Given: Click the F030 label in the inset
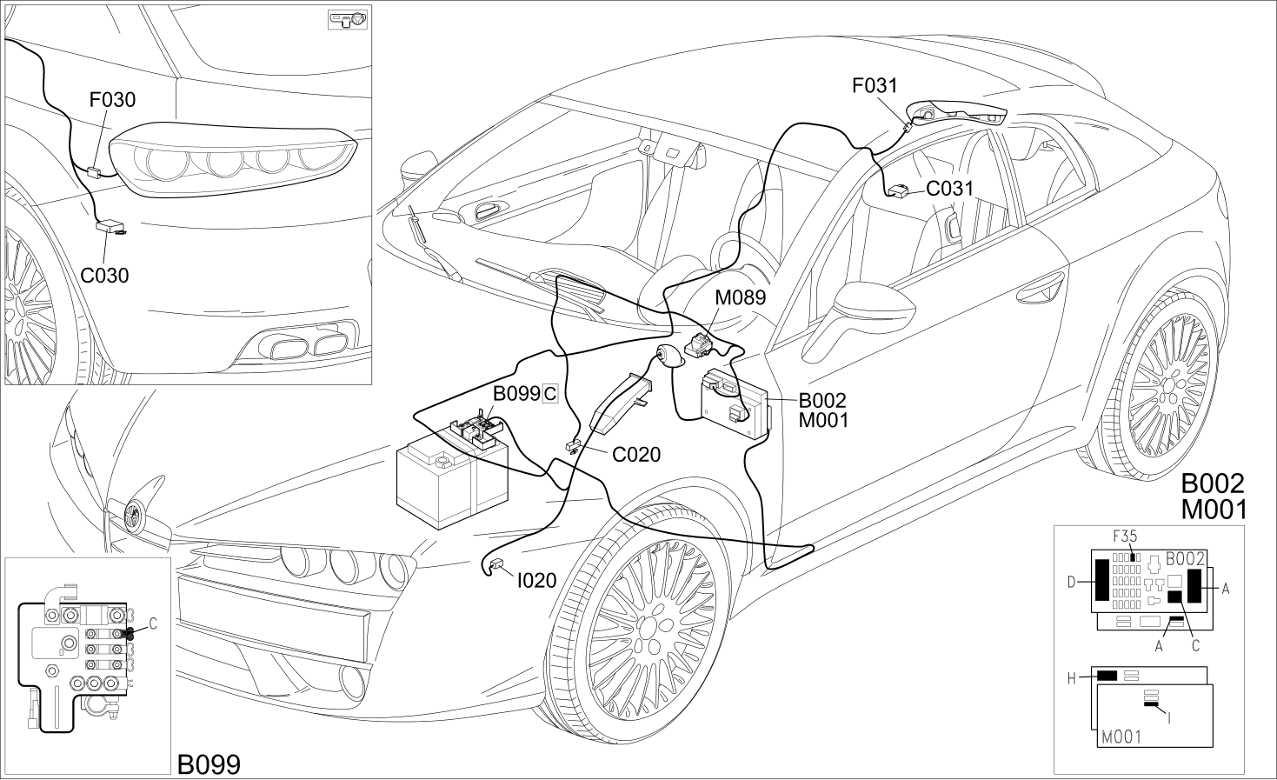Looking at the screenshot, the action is coord(112,100).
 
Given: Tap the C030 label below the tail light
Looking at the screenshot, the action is coord(104,276).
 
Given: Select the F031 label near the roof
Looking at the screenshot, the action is coord(875,85).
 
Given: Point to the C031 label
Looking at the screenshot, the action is coord(950,188).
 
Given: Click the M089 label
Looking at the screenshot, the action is coord(741,297).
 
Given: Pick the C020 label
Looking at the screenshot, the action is coord(636,455).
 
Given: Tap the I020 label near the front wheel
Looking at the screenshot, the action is coord(536,581).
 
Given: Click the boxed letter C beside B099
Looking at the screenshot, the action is coord(550,394).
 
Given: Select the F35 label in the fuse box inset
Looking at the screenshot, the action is coord(1125,536).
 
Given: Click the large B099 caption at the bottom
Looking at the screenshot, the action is coord(209,764).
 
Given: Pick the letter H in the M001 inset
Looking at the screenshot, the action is coord(1071,679).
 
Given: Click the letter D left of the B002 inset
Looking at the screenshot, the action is coord(1071,582).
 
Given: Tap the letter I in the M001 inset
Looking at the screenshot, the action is coord(1169,718).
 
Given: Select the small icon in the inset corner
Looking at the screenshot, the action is coord(349,20).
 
